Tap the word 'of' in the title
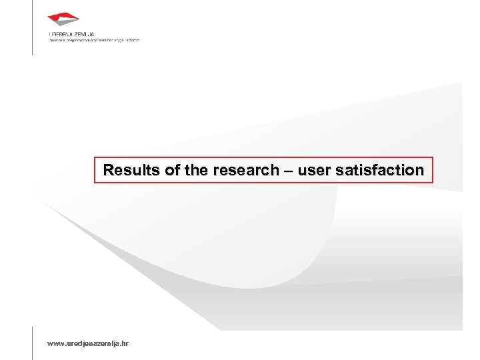[173, 171]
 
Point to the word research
[245, 171]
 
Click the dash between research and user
[287, 171]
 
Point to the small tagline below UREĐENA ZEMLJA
[94, 39]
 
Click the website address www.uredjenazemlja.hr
[89, 343]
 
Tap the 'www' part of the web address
[55, 343]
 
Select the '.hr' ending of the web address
[125, 343]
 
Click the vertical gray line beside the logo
[32, 27]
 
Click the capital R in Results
[107, 171]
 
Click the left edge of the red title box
[95, 170]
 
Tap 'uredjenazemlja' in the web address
[92, 343]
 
